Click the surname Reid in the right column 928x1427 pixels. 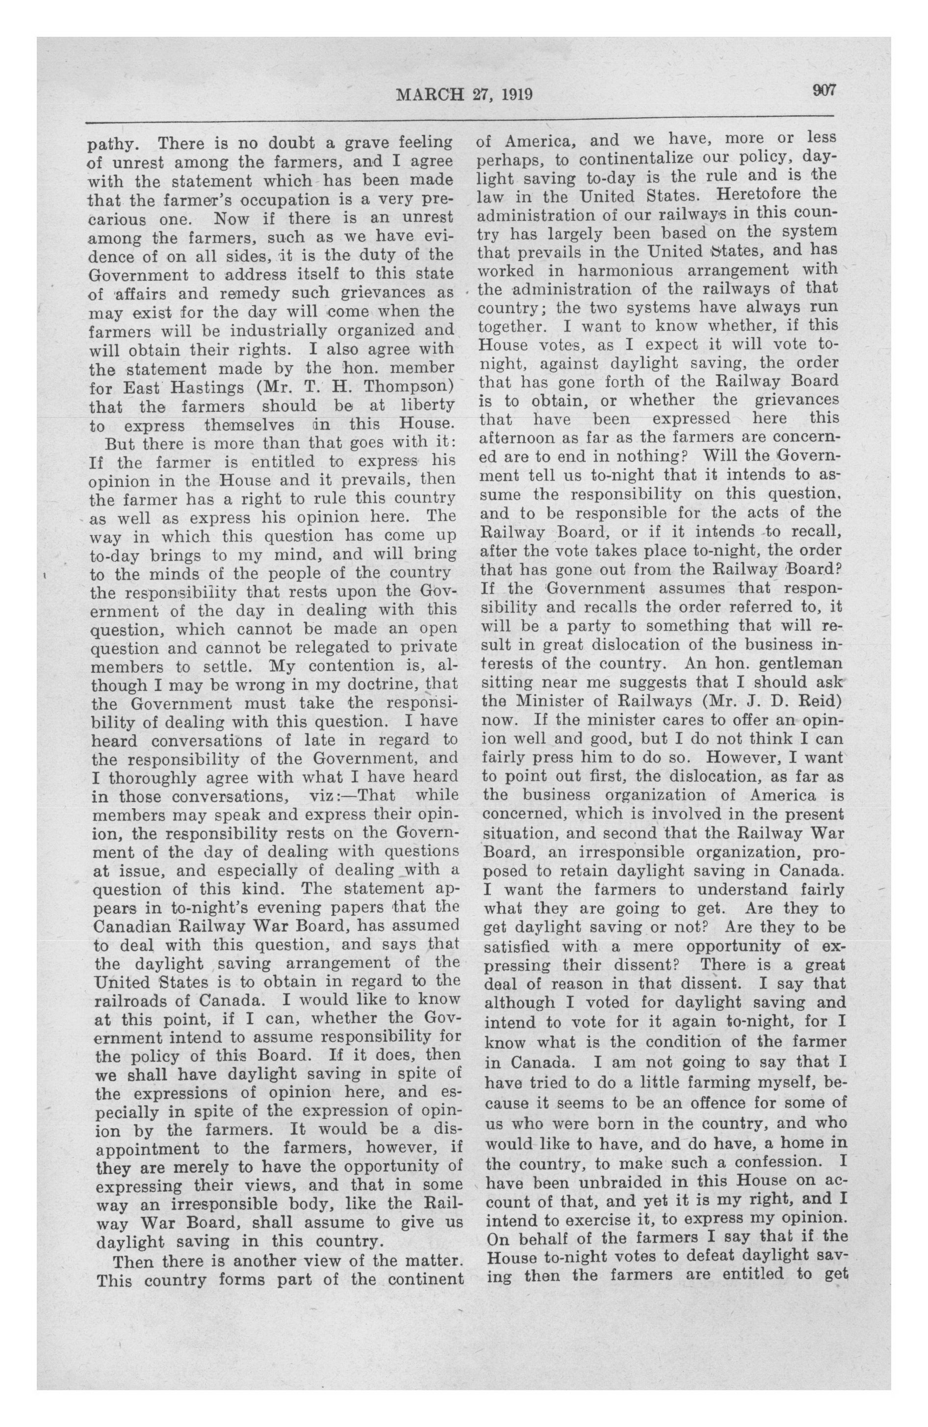(x=810, y=700)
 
